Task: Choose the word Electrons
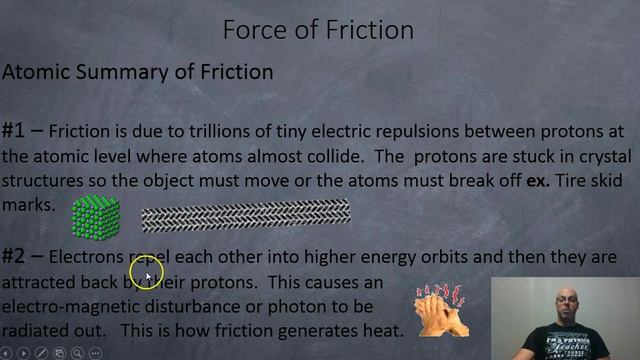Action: point(86,257)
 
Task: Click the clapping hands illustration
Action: point(443,308)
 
